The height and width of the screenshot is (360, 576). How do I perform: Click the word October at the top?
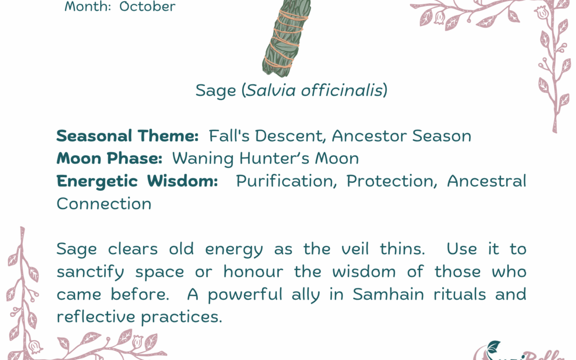tap(147, 7)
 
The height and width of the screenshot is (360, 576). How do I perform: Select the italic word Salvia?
tap(270, 91)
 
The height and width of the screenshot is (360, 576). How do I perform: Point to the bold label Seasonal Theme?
tap(127, 136)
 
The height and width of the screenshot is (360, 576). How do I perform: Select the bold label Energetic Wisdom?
tap(137, 181)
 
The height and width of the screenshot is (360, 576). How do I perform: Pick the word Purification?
tap(286, 181)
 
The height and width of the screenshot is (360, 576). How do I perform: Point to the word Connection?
tap(104, 204)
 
